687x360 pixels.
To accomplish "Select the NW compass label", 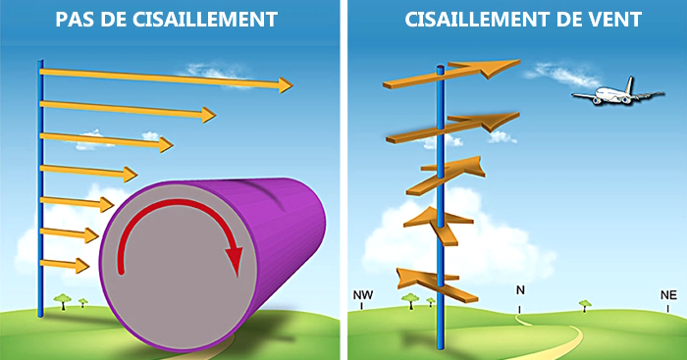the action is click(x=363, y=295).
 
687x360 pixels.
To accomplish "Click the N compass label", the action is click(x=520, y=290).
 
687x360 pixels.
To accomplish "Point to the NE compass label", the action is click(x=668, y=295).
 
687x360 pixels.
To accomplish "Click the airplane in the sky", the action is click(x=617, y=92).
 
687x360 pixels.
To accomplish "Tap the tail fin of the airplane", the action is click(x=629, y=84).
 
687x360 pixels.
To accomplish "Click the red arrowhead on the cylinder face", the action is click(x=234, y=261).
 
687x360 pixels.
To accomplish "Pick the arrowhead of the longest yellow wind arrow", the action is click(x=286, y=85).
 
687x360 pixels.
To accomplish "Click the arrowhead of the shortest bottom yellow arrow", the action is click(x=82, y=266).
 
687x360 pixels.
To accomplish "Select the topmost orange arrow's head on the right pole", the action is click(x=500, y=68).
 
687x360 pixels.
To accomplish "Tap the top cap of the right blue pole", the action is click(x=441, y=68).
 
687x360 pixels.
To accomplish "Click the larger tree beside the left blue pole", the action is click(x=63, y=302).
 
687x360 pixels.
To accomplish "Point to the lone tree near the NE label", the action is click(x=585, y=305).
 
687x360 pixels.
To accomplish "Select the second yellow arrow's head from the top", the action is click(x=208, y=115).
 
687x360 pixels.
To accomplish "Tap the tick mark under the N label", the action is click(x=520, y=310).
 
